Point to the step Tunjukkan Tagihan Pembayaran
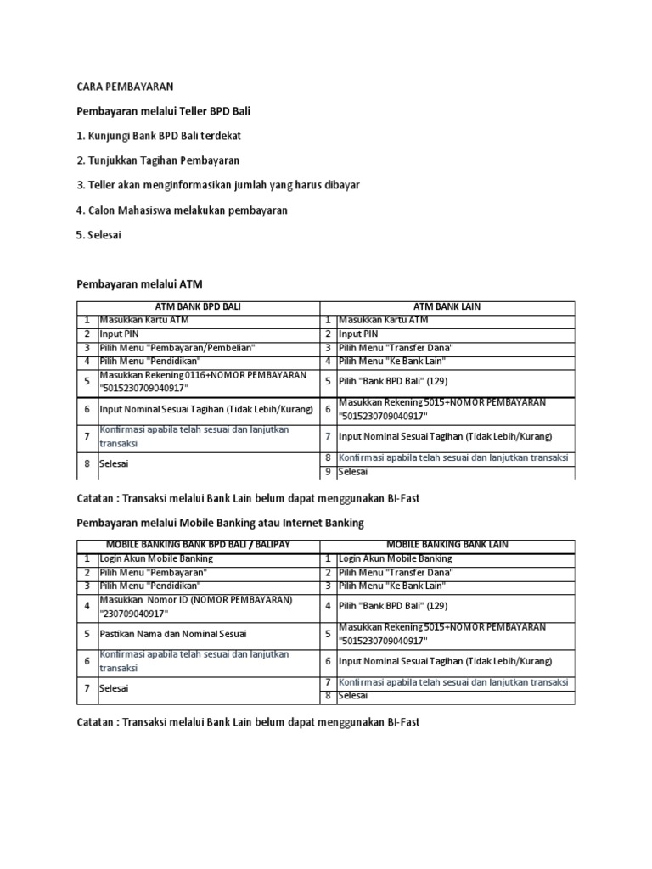point(158,160)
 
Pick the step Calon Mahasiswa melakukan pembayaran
point(182,210)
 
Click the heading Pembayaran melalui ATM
point(140,283)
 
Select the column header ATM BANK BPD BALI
point(198,306)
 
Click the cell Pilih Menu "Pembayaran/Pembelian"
point(177,348)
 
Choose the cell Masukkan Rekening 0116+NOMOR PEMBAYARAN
point(203,382)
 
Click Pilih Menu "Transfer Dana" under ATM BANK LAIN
point(396,348)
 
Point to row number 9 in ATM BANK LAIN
point(328,471)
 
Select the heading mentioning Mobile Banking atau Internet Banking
point(220,523)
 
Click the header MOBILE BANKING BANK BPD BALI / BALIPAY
point(198,545)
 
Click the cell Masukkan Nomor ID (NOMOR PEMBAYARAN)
point(196,606)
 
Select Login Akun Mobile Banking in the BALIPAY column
point(156,558)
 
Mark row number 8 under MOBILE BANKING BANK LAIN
point(328,696)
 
